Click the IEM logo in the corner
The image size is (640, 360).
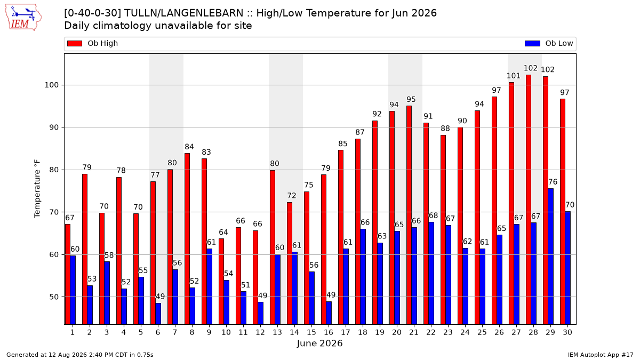click(23, 18)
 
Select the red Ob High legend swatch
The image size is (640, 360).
click(75, 43)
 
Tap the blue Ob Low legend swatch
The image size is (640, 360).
click(532, 43)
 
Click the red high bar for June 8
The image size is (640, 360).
click(187, 239)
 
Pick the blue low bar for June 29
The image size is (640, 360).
click(550, 257)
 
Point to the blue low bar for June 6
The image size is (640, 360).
click(158, 314)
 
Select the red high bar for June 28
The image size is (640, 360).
click(529, 199)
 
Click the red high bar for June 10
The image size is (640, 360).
click(221, 282)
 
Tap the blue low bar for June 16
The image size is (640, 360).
click(329, 313)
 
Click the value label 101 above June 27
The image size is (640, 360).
click(514, 76)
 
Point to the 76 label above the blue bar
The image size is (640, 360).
click(553, 182)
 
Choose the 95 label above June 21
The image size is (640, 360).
click(411, 99)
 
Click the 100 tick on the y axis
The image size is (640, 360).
click(51, 85)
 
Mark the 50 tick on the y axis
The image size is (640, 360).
click(54, 297)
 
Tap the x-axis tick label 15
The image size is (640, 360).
click(311, 332)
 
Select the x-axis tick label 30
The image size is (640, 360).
click(567, 332)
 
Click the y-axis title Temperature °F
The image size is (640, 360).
click(37, 189)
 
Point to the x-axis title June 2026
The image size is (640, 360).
click(319, 343)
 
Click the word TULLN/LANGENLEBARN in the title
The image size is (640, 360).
click(183, 13)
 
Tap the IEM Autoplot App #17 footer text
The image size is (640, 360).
click(601, 355)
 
